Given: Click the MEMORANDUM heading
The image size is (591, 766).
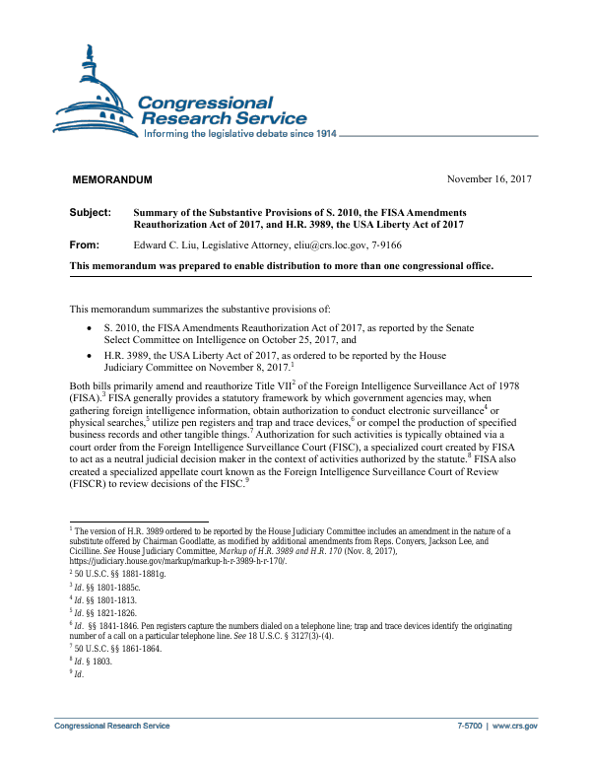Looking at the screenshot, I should coord(112,179).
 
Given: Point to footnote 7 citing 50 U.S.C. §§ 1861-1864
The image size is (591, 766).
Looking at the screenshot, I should coord(110,650).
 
